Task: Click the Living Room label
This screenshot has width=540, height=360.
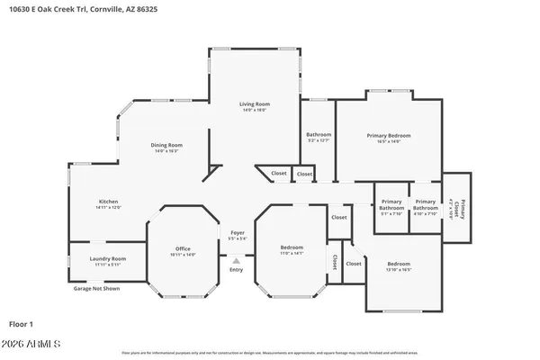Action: (255, 104)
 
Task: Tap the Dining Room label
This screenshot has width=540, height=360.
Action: (167, 146)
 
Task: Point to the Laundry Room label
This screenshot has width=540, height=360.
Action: (107, 259)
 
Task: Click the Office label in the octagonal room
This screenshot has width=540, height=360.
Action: (184, 248)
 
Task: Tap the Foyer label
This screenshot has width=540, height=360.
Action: (237, 233)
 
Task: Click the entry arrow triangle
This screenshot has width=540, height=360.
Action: (236, 260)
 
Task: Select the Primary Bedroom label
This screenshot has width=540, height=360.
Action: (389, 136)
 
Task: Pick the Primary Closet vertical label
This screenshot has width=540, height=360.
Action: (457, 206)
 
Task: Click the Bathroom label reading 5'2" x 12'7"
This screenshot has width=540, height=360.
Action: (319, 135)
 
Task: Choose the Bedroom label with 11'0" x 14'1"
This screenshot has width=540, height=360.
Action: (292, 247)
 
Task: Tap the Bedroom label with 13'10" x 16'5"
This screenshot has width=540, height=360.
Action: (398, 265)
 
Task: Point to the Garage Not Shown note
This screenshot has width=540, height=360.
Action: (96, 289)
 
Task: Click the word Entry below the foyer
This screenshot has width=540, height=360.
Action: (236, 270)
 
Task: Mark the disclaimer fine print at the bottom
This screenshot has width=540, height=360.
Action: (270, 353)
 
